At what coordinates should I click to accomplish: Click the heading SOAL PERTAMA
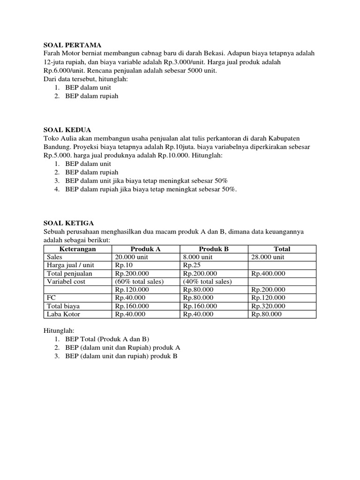[x=72, y=45]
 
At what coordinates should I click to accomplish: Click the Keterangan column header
[x=78, y=249]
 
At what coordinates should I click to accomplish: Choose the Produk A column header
[x=145, y=249]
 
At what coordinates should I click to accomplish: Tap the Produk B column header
[x=213, y=249]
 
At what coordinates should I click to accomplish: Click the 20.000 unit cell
[x=131, y=257]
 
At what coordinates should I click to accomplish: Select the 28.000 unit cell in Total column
[x=268, y=257]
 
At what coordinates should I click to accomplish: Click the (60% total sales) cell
[x=139, y=281]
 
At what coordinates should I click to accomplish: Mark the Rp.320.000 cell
[x=268, y=306]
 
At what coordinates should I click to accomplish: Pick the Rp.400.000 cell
[x=268, y=273]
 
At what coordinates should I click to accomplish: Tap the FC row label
[x=52, y=298]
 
